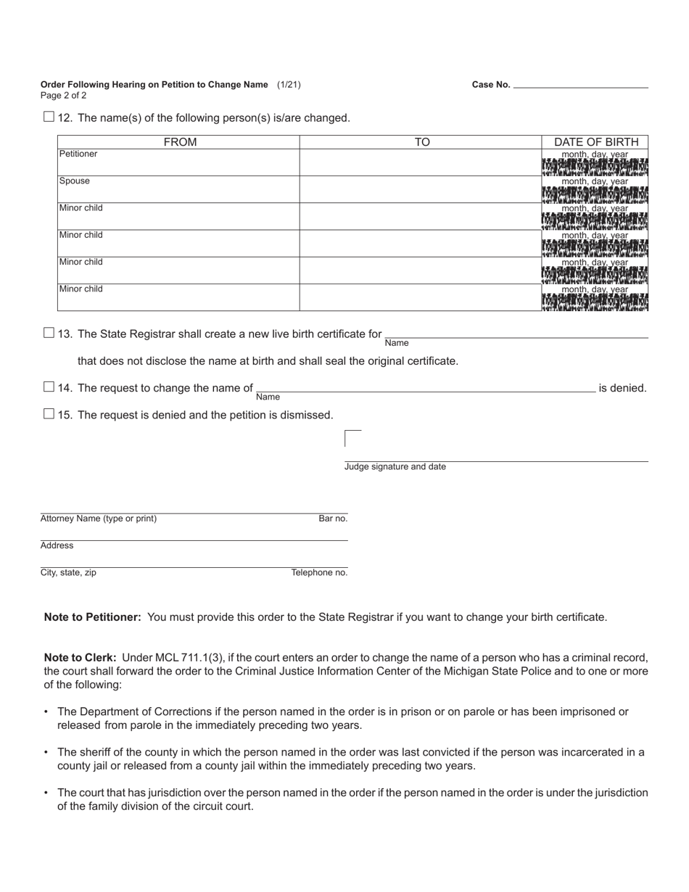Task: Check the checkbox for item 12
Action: [x=49, y=117]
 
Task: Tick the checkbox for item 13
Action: [x=49, y=333]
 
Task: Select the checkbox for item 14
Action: [x=49, y=387]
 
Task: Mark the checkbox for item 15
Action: [x=49, y=414]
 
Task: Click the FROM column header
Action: [x=180, y=142]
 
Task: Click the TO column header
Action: [x=421, y=142]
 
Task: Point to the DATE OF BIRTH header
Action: [x=595, y=142]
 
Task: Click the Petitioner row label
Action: [x=78, y=154]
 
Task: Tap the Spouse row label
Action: [x=75, y=181]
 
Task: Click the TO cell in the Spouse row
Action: [x=421, y=189]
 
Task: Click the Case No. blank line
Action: [x=580, y=84]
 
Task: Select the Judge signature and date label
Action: [x=395, y=467]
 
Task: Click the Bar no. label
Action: [x=333, y=519]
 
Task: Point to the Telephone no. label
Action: [x=319, y=572]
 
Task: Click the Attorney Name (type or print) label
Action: [x=99, y=519]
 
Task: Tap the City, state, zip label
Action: [x=68, y=572]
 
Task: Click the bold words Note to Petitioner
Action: [x=93, y=617]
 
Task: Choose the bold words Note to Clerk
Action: [x=80, y=658]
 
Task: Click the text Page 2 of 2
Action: [x=64, y=95]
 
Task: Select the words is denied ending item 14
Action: [x=622, y=388]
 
